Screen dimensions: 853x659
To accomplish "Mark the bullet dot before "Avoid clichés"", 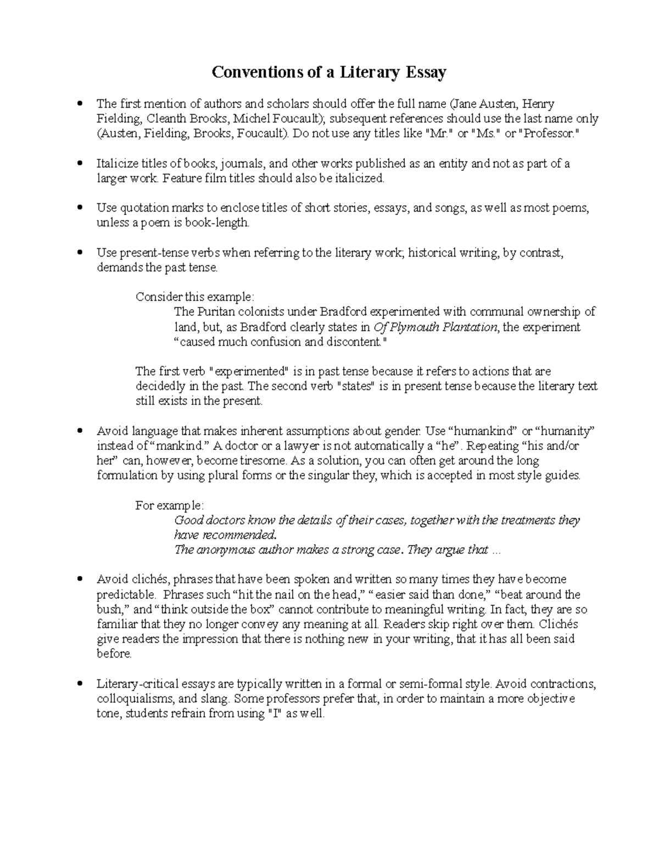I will click(80, 579).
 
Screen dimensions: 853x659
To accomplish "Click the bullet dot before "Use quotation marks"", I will click(80, 208).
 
